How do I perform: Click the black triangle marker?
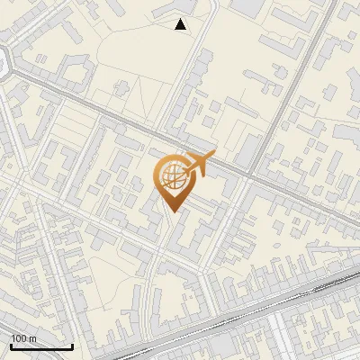coord(181,25)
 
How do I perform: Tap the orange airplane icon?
coord(196,165)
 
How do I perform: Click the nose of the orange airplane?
coord(213,155)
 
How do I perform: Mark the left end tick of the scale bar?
coord(10,346)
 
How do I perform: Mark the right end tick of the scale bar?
coord(73,346)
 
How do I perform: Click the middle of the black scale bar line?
coord(41,347)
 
